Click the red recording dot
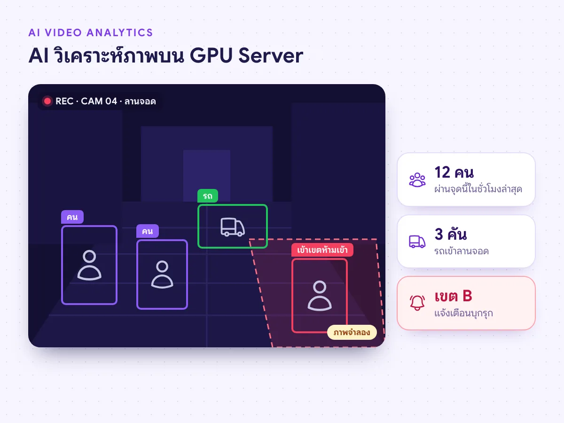point(47,101)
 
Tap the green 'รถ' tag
point(208,196)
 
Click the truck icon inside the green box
point(233,227)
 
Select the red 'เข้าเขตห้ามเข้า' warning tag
point(322,250)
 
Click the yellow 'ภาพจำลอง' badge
point(352,332)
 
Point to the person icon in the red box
point(320,296)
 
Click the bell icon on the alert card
point(417,303)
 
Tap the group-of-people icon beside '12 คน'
point(417,180)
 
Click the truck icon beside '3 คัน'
point(417,242)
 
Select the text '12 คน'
point(454,172)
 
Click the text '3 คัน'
point(451,234)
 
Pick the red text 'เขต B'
point(454,296)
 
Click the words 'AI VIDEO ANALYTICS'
point(91,32)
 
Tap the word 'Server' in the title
point(271,55)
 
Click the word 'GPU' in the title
point(211,55)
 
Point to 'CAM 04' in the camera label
point(99,101)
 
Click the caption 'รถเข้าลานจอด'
point(462,251)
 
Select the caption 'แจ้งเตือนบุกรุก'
point(463,313)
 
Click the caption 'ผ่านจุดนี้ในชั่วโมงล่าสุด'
point(478,189)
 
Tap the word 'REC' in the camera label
point(64,101)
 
